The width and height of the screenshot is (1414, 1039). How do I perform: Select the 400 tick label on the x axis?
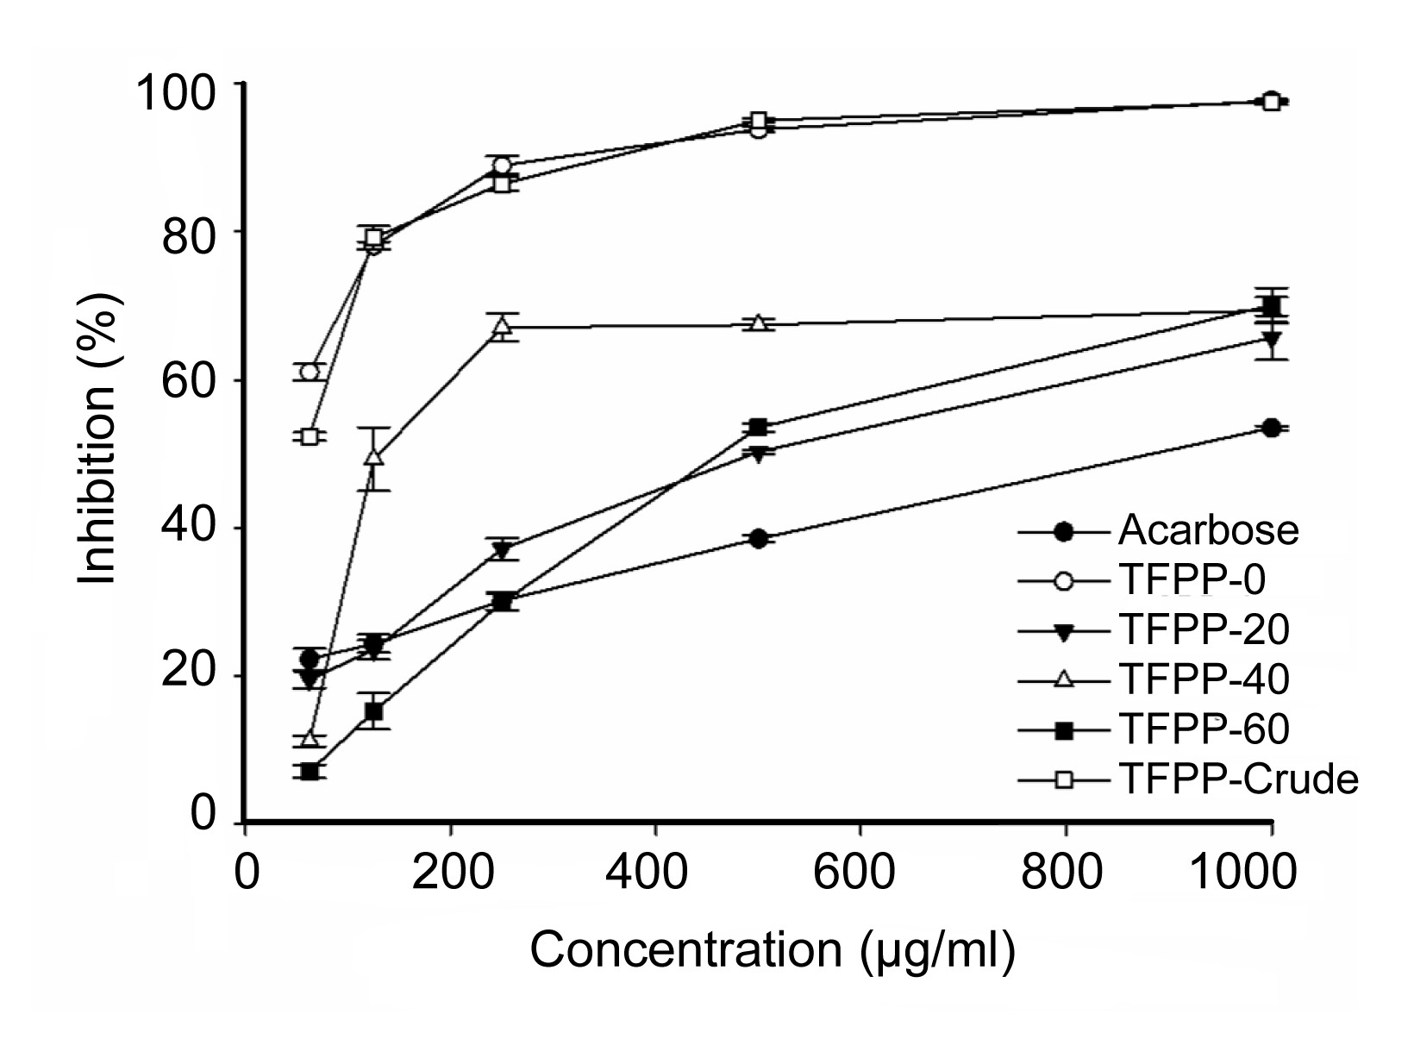[655, 873]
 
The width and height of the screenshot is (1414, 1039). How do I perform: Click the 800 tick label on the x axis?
[1066, 873]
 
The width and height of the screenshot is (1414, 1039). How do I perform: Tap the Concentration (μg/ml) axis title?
[773, 950]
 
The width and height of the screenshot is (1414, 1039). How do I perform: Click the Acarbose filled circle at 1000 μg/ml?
[1270, 428]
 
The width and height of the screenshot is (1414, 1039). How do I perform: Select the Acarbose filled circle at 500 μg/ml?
[758, 539]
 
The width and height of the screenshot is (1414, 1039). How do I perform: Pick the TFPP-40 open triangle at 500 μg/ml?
[758, 323]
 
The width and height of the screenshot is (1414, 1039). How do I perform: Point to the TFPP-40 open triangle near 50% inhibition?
[373, 457]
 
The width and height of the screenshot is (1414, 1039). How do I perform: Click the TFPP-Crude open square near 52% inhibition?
[310, 436]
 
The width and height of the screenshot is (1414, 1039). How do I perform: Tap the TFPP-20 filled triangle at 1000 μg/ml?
[1270, 339]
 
